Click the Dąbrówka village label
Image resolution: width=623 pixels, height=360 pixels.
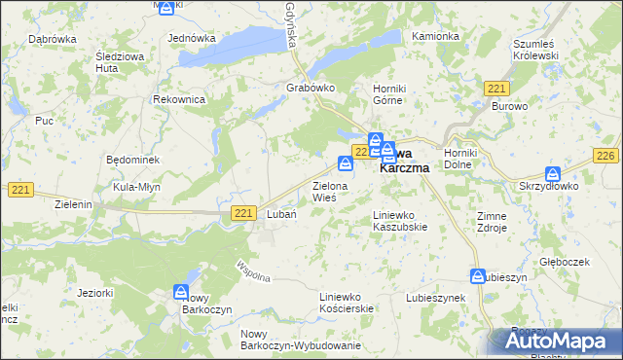coord(53,39)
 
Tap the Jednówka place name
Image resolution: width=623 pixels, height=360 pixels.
coord(192,38)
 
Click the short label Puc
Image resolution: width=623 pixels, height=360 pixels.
coord(44,121)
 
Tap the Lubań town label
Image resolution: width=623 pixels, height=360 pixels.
coord(281,215)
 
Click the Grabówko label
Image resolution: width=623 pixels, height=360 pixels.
coord(311,88)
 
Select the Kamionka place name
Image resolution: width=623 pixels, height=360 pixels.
coord(435,36)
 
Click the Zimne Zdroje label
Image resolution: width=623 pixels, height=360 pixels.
coord(492,222)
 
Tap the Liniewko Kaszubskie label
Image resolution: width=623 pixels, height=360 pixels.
coord(401,220)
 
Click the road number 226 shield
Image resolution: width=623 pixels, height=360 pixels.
coord(606,157)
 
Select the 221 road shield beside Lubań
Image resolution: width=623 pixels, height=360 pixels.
coord(245,213)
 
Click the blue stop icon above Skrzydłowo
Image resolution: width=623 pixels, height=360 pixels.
coord(553,172)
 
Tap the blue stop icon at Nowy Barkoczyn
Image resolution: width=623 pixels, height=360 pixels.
coord(181,291)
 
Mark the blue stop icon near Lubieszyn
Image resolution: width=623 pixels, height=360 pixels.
coord(478,275)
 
